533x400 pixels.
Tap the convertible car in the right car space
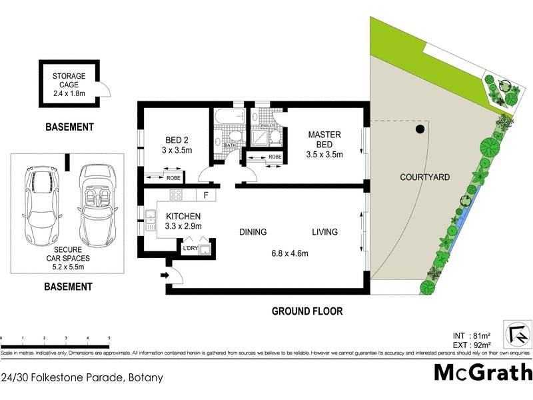click(99, 205)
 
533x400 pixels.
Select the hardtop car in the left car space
click(39, 205)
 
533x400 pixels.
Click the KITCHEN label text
click(183, 217)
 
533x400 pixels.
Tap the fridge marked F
click(206, 195)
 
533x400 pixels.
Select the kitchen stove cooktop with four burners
click(177, 195)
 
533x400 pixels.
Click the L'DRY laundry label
click(191, 249)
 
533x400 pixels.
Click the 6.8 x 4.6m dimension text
click(288, 253)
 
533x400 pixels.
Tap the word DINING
click(253, 232)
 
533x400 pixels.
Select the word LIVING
click(324, 232)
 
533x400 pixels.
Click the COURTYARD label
click(424, 177)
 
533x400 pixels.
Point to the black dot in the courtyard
click(420, 129)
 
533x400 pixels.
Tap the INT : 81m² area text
click(471, 335)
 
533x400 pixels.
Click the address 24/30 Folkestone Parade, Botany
click(82, 377)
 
